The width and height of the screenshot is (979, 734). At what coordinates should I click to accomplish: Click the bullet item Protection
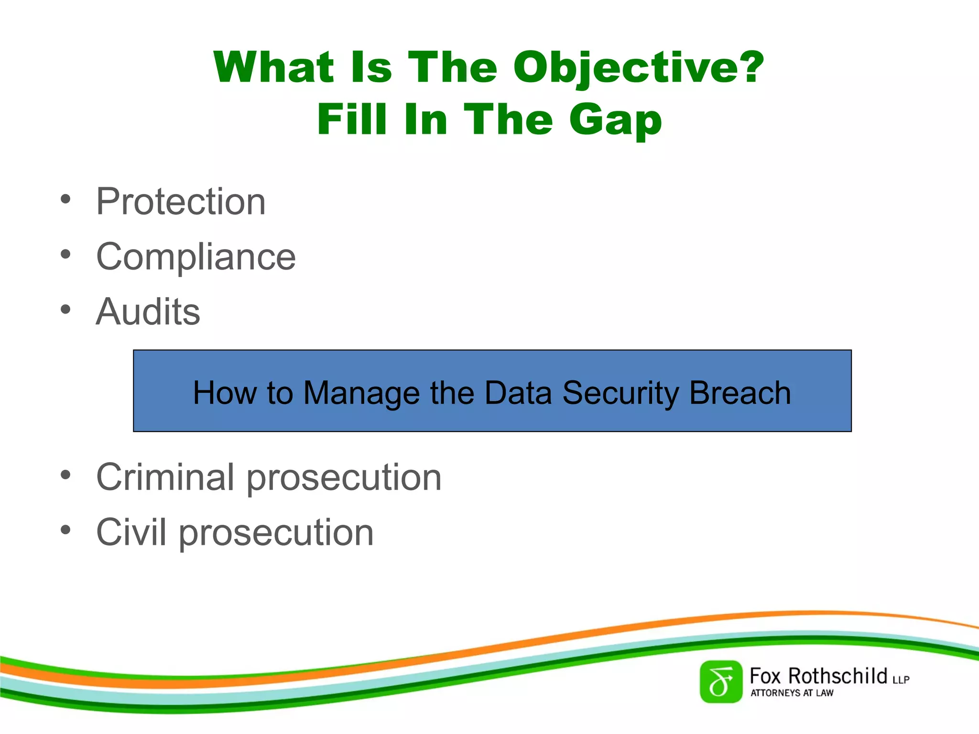pyautogui.click(x=181, y=202)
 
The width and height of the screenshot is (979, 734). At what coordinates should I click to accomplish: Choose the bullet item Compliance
pyautogui.click(x=196, y=257)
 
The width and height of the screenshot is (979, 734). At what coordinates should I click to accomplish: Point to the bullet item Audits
pyautogui.click(x=148, y=312)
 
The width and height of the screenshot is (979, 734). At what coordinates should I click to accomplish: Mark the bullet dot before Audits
pyautogui.click(x=65, y=310)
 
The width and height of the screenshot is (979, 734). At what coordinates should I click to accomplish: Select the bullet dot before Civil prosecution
pyautogui.click(x=65, y=530)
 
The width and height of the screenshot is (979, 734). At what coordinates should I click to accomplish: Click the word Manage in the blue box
pyautogui.click(x=361, y=393)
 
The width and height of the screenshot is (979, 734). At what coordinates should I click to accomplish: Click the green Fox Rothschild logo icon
pyautogui.click(x=720, y=682)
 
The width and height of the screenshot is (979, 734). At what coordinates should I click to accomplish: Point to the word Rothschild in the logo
pyautogui.click(x=838, y=676)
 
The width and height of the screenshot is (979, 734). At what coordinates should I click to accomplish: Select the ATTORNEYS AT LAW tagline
pyautogui.click(x=792, y=693)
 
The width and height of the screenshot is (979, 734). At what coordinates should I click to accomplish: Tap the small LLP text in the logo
pyautogui.click(x=901, y=680)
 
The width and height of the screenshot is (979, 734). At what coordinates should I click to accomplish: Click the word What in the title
pyautogui.click(x=274, y=67)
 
